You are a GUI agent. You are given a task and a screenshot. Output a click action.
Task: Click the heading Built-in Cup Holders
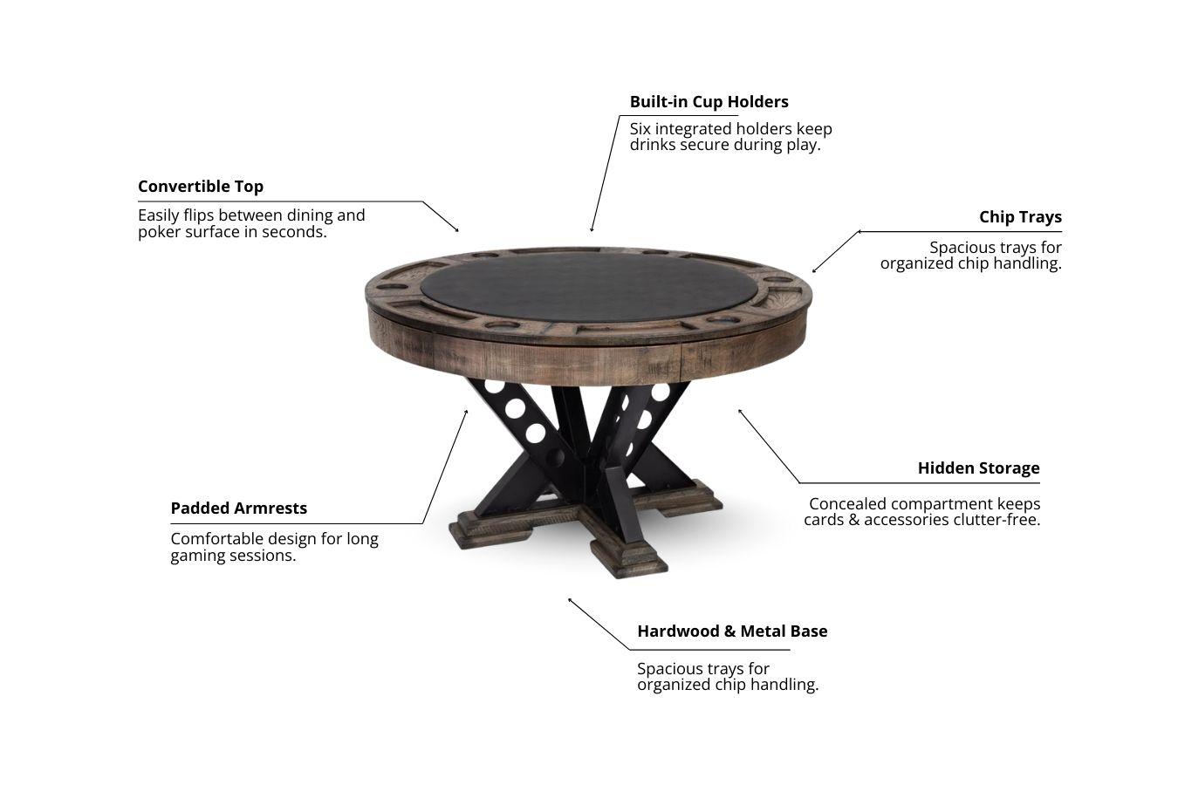(709, 102)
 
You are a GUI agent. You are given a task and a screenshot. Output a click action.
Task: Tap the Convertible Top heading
(201, 187)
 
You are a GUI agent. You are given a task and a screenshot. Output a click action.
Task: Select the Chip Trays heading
(1020, 217)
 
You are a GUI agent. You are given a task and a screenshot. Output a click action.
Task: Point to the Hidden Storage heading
(979, 468)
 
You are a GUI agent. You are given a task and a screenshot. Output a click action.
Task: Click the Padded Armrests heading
(239, 509)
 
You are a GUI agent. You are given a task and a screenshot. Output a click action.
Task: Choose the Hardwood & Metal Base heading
(732, 631)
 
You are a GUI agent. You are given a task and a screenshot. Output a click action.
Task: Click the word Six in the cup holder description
(640, 129)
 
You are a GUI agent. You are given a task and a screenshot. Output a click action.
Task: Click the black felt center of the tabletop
(590, 287)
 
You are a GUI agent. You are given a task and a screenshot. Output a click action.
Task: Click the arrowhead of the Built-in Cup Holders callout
(592, 229)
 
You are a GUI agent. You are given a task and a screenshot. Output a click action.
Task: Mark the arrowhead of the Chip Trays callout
(814, 270)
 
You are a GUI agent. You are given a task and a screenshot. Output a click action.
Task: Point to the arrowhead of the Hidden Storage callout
(741, 411)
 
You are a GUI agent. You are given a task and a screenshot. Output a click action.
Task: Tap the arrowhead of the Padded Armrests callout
(466, 413)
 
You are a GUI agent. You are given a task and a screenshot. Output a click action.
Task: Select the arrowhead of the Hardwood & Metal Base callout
(570, 600)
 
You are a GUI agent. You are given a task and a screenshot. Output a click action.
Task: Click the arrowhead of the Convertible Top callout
(456, 229)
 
